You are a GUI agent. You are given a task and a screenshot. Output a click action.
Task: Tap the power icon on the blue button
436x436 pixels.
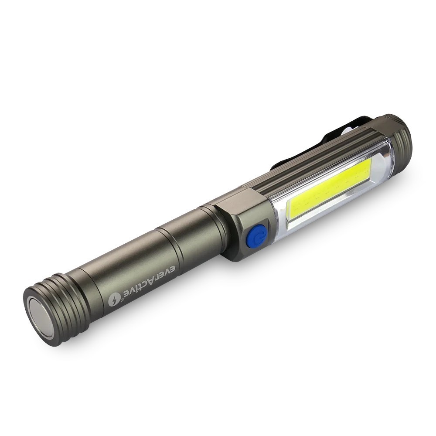click(x=260, y=236)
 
